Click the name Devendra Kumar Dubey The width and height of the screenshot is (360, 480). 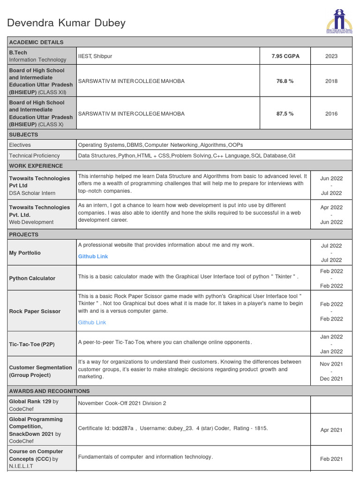66,23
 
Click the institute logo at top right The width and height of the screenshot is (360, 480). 338,22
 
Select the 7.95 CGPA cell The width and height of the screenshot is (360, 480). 285,56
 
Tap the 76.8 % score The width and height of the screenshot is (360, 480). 285,81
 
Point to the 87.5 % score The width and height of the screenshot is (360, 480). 285,113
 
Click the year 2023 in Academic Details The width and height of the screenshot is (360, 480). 331,56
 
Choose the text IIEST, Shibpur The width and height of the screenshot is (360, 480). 95,56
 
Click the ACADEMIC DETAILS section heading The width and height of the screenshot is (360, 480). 36,42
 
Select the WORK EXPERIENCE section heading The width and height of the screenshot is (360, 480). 36,166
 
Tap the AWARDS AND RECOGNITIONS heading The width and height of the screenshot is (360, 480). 49,391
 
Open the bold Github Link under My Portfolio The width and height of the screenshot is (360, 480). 93,256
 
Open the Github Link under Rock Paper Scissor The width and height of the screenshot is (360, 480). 92,322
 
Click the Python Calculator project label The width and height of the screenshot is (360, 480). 32,278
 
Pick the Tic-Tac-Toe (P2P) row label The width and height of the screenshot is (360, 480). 32,344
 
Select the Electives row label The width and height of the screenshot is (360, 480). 20,145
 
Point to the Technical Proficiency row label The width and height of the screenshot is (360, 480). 34,156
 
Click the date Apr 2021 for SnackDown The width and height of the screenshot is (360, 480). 331,430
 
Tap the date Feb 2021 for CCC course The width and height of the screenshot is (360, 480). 331,459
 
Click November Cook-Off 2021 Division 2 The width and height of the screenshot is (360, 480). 122,403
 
